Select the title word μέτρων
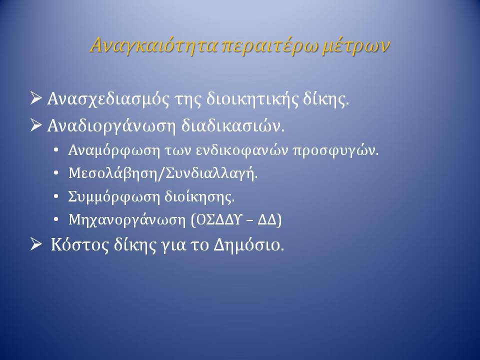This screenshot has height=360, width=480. pos(356,46)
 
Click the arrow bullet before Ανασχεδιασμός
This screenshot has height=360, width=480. pos(36,98)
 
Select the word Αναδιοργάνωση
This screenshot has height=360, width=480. pos(111,126)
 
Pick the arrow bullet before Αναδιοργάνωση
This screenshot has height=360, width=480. pos(36,125)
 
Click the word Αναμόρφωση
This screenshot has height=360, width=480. pos(114,150)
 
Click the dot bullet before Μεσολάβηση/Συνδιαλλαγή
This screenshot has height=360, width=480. pos(55,173)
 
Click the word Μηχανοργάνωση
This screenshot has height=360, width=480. pos(127,220)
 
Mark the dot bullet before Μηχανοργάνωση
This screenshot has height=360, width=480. pos(55,220)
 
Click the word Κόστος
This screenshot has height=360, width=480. pos(80,245)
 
